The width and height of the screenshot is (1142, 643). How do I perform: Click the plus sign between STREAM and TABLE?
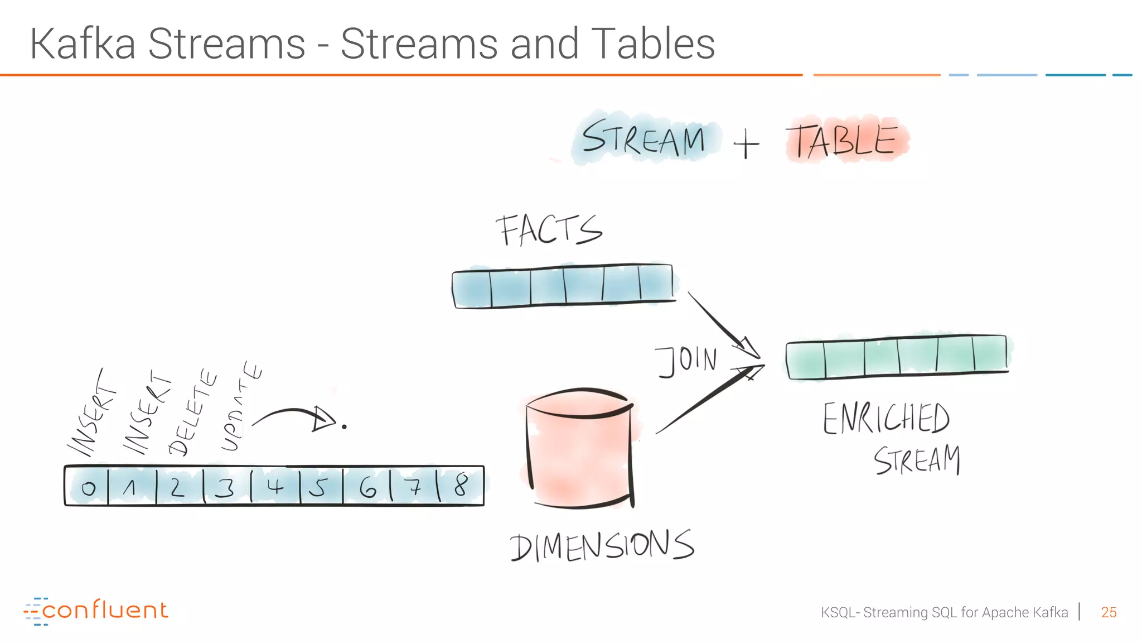pos(746,144)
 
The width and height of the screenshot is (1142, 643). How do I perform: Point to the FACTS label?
pos(549,230)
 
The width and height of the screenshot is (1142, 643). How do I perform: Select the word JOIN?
pos(686,361)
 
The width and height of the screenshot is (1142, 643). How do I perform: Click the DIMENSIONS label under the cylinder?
pos(602,546)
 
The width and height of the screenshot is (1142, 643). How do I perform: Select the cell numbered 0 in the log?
pos(88,487)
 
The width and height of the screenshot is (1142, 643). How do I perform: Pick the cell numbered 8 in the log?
pos(461,486)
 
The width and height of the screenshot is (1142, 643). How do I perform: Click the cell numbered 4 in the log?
pos(275,487)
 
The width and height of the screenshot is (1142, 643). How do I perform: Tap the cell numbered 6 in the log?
pos(367,487)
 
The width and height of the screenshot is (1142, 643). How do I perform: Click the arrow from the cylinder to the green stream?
pos(708,399)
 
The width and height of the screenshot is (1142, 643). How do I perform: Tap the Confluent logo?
pos(96,611)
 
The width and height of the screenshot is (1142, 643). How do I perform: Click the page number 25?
pos(1109,612)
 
